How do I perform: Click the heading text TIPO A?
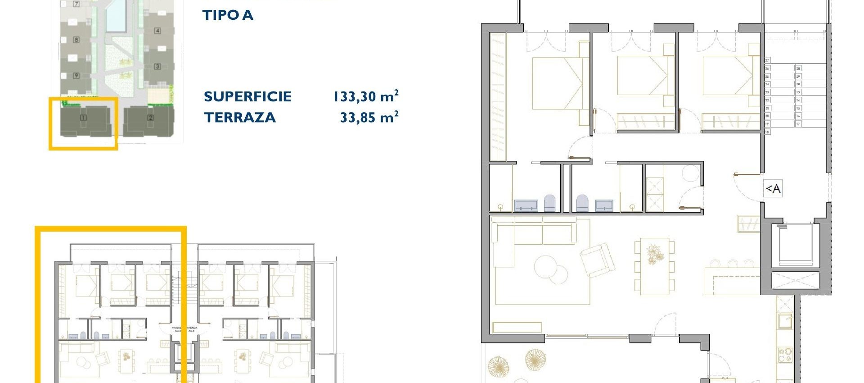[228, 15]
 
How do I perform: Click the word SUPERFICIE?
[247, 96]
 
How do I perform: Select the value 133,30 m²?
[365, 96]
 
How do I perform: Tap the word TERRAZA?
[240, 118]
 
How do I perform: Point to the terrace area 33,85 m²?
[369, 118]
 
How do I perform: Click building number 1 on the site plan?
[83, 118]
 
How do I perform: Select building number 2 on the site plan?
[150, 118]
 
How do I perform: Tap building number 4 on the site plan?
[157, 31]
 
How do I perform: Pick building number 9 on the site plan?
[76, 75]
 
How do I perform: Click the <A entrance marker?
[773, 188]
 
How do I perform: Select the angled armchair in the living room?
[597, 260]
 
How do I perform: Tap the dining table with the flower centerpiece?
[654, 266]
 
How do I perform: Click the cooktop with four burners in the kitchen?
[785, 355]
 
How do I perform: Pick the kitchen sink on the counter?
[785, 321]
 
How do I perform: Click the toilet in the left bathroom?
[549, 203]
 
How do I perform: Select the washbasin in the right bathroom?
[604, 205]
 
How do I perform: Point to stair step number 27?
[767, 60]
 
